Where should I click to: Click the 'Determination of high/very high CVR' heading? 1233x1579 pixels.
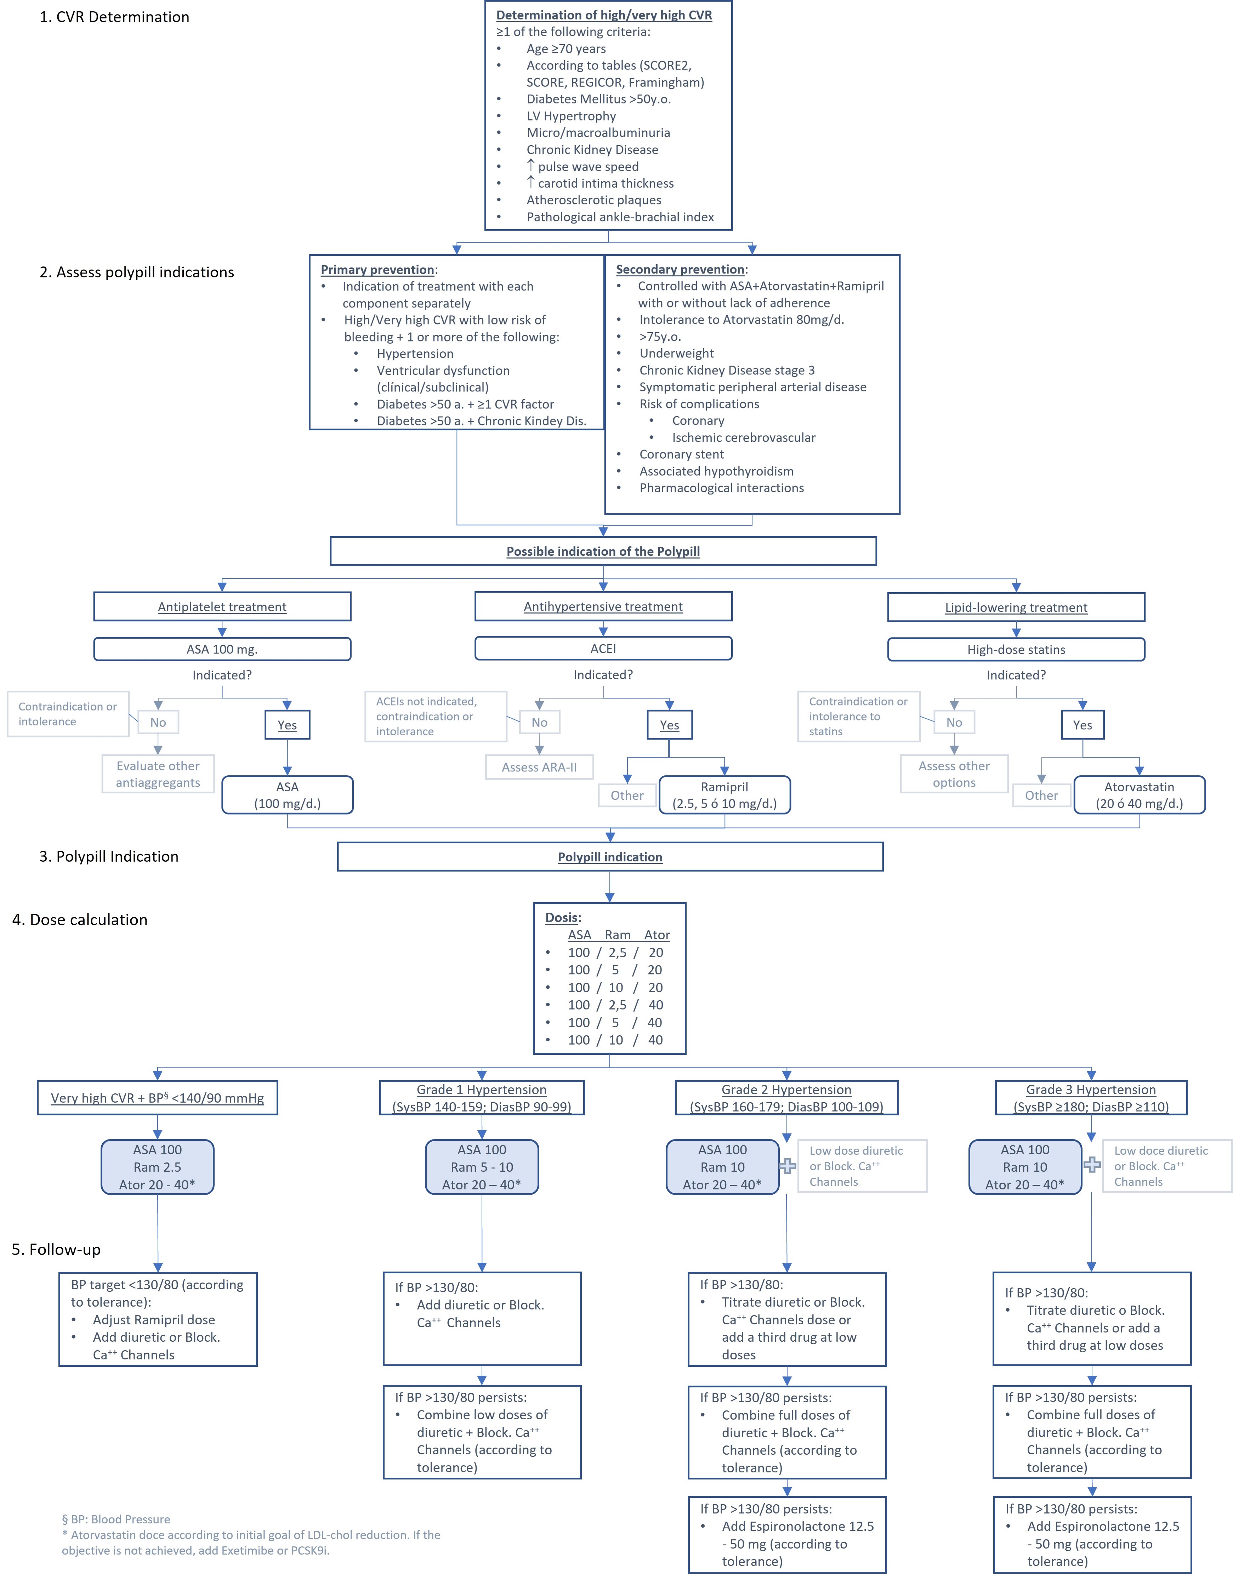(x=603, y=15)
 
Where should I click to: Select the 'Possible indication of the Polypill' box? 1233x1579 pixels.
(x=603, y=551)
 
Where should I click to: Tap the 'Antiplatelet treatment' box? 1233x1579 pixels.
(x=222, y=607)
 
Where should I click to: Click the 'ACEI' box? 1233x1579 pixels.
(x=603, y=649)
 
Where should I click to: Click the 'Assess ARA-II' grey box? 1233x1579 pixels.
(x=539, y=767)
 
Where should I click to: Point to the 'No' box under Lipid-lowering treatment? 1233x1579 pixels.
(x=954, y=722)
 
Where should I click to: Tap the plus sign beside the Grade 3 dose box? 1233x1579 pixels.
(x=1092, y=1165)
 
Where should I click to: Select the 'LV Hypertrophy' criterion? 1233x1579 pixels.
(x=571, y=116)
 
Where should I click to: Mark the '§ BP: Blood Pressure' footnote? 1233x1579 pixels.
(x=116, y=1519)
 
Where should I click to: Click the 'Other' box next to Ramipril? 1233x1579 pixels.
(x=627, y=795)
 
